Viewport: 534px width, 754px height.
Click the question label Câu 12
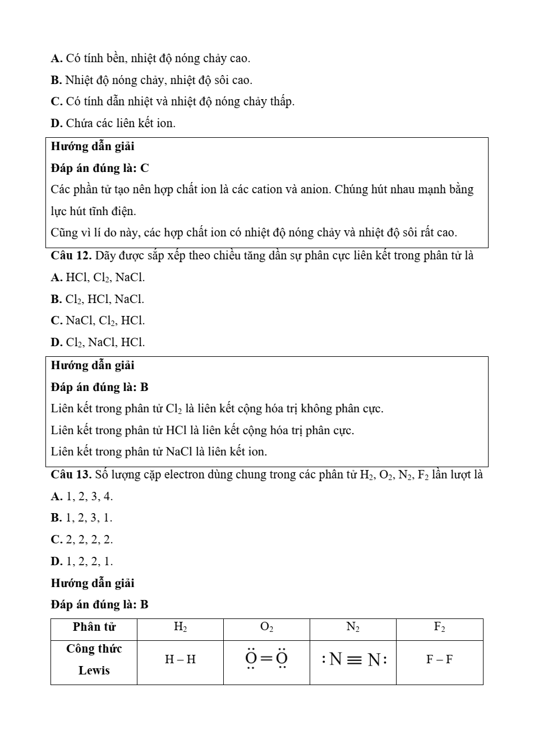[x=71, y=256]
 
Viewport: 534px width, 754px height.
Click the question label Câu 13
[x=71, y=475]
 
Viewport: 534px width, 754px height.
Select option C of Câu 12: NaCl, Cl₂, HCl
[x=98, y=321]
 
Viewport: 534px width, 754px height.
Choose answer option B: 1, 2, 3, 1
[x=82, y=518]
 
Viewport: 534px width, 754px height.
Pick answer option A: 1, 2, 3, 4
[x=82, y=496]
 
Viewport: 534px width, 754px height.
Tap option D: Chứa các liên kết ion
[x=113, y=123]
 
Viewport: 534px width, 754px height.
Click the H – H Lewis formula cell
[x=180, y=660]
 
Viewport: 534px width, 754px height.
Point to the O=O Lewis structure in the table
[x=266, y=659]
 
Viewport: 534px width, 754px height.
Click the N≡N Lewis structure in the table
[x=353, y=659]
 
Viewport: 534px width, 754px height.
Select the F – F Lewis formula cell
[x=439, y=660]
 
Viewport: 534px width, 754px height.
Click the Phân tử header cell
[x=94, y=627]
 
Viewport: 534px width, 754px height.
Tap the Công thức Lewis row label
[x=94, y=660]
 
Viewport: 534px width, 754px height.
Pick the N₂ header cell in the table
[x=353, y=627]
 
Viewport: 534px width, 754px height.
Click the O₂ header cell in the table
[x=267, y=627]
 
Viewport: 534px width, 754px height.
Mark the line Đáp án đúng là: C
[x=100, y=168]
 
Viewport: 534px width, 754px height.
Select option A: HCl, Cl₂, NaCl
[x=98, y=277]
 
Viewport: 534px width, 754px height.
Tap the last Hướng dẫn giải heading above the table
[x=93, y=583]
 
